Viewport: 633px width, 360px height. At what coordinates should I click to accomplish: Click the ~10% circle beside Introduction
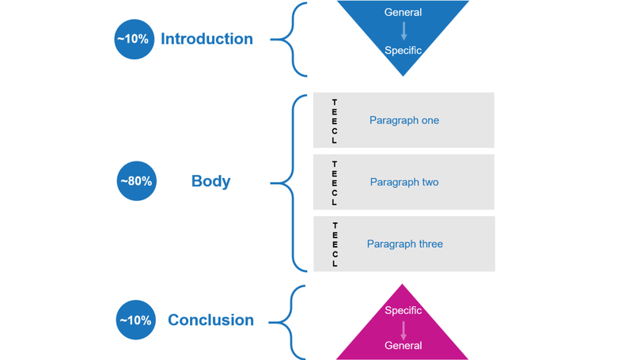coord(133,39)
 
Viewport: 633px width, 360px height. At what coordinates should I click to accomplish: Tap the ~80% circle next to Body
coord(136,181)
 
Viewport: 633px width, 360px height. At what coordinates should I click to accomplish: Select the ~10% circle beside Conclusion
coord(135,320)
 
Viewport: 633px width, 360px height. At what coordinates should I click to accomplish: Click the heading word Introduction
coord(207,39)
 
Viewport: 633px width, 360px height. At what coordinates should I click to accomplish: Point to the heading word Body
coord(210,181)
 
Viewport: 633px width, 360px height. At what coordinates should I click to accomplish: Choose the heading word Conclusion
coord(210,320)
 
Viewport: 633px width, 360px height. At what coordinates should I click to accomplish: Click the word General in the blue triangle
coord(403,13)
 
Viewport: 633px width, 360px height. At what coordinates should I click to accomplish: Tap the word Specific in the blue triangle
coord(403,51)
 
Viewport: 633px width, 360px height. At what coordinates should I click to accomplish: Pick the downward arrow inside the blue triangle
coord(404,32)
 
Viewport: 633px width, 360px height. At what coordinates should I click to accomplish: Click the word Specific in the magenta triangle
coord(403,310)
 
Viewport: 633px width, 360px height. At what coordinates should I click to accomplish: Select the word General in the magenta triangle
coord(403,345)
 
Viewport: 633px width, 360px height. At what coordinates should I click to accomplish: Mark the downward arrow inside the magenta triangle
coord(403,329)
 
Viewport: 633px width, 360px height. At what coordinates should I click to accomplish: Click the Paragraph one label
coord(404,120)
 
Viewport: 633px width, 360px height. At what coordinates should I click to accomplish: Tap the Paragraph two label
coord(404,182)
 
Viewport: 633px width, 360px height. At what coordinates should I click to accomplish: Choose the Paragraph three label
coord(404,244)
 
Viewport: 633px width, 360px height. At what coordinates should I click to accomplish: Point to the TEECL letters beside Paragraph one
coord(335,121)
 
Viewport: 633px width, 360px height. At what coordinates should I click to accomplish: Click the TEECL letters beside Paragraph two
coord(335,183)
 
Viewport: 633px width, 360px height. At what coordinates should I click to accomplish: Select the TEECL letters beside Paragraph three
coord(335,244)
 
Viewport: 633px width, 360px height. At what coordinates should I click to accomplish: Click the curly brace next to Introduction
coord(291,39)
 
